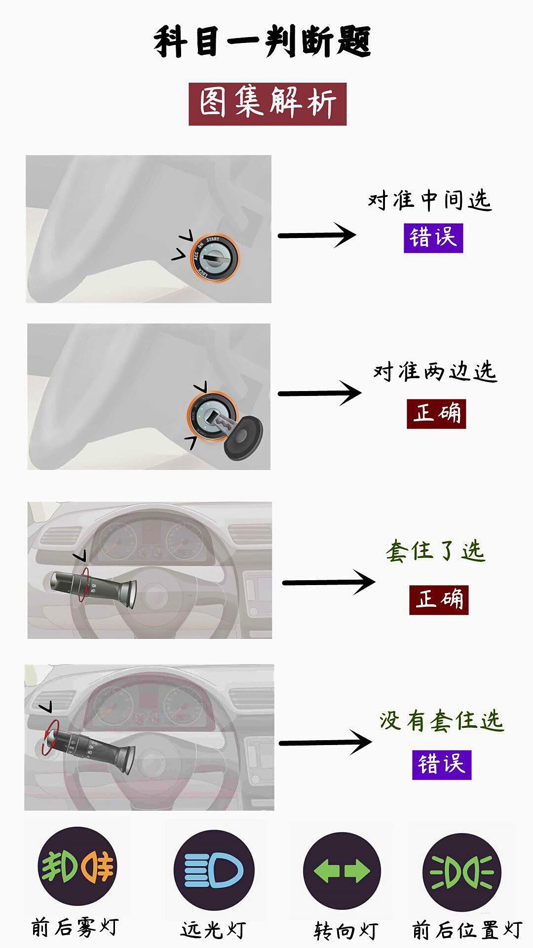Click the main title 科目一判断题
(262, 42)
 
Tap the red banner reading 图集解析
(267, 104)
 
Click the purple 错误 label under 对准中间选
(433, 238)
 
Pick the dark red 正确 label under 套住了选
(439, 600)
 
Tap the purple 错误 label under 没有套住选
(442, 765)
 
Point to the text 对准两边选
(434, 371)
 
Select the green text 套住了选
(436, 551)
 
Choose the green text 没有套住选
(441, 721)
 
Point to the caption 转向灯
(345, 931)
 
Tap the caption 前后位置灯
(467, 930)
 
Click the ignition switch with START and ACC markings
(215, 257)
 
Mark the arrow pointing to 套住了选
(329, 582)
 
